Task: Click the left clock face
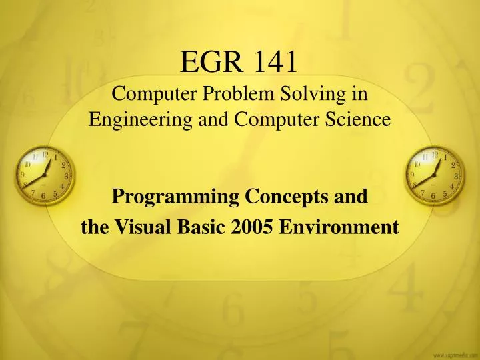tap(44, 175)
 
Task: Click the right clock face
tap(435, 175)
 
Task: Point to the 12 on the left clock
tap(45, 155)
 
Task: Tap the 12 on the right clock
tap(435, 155)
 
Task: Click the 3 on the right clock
tap(456, 175)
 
